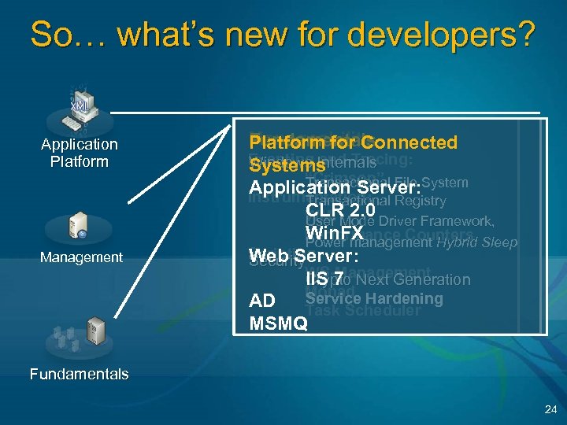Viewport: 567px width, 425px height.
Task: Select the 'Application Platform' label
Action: (x=80, y=153)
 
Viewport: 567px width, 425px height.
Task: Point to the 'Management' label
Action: (x=81, y=257)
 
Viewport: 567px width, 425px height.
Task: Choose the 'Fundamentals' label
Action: (x=79, y=374)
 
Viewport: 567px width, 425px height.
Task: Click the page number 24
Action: (x=550, y=409)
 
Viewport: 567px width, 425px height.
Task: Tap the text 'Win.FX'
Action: (x=335, y=234)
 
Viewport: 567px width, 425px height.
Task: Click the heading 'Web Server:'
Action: (x=304, y=256)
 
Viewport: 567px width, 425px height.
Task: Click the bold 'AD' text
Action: (x=261, y=301)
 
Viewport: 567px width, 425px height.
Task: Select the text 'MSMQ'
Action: (x=278, y=323)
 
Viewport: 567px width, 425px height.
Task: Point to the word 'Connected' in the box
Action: (x=410, y=142)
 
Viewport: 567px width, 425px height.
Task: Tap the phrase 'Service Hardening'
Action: (x=374, y=298)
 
